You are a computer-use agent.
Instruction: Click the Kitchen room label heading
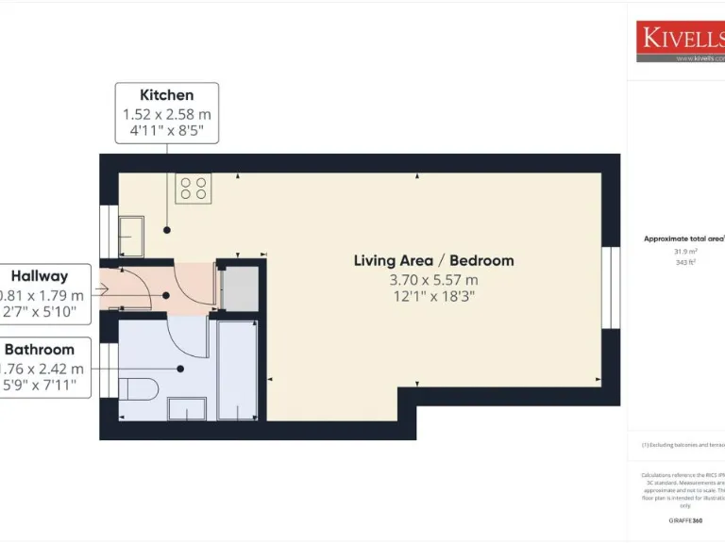point(167,94)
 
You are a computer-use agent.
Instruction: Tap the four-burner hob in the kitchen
point(194,189)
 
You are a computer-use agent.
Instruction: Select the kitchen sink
point(131,235)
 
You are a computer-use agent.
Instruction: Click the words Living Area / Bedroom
point(433,260)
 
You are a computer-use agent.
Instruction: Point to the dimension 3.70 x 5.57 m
point(433,280)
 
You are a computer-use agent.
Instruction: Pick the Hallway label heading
point(40,276)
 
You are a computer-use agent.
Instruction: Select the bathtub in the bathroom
point(237,370)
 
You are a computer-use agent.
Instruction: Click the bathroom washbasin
point(186,408)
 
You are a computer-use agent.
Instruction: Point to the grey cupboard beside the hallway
point(239,288)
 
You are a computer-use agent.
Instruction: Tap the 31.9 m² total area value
point(684,252)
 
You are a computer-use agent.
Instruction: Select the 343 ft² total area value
point(684,263)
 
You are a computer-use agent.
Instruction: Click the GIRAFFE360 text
point(684,520)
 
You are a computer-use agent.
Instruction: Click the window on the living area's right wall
point(611,288)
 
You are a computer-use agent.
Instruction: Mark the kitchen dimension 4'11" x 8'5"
point(167,130)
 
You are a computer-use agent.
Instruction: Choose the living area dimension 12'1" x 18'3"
point(433,297)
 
